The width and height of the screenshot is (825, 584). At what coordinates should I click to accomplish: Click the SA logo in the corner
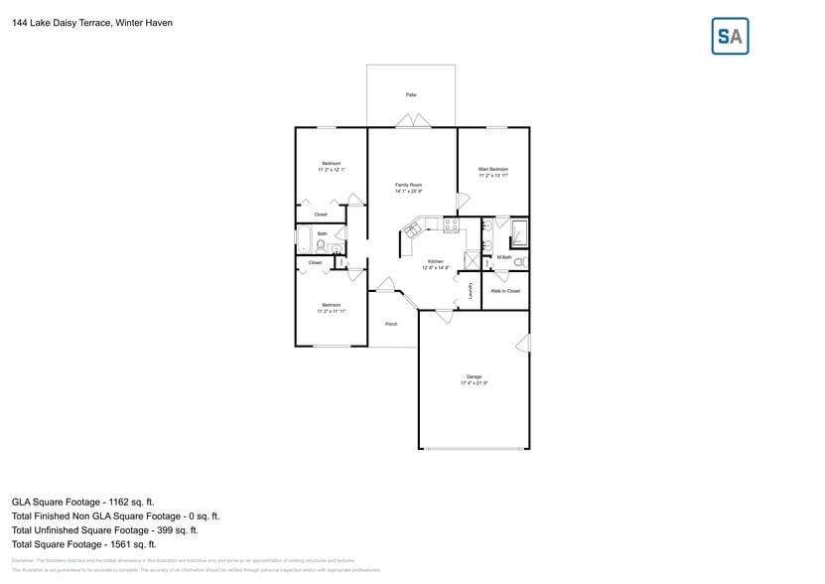click(x=731, y=36)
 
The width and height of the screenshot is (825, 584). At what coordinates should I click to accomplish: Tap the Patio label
click(x=411, y=95)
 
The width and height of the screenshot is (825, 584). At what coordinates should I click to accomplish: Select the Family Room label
click(x=409, y=185)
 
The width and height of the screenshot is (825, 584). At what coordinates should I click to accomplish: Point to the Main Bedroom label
click(x=493, y=169)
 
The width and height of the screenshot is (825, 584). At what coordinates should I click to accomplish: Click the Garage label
click(x=474, y=376)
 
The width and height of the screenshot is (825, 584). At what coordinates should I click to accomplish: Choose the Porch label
click(x=391, y=324)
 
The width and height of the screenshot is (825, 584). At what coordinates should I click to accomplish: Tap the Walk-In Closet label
click(x=505, y=291)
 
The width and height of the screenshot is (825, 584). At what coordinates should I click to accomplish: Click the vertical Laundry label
click(x=471, y=291)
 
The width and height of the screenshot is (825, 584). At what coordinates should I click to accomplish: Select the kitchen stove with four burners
click(x=451, y=226)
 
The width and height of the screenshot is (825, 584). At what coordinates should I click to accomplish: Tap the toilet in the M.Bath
click(x=519, y=262)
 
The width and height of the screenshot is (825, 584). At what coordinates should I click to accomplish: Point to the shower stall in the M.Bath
click(x=519, y=234)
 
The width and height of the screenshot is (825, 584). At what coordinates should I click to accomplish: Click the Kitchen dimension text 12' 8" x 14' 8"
click(x=436, y=268)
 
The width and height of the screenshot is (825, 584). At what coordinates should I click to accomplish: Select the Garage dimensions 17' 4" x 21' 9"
click(x=474, y=382)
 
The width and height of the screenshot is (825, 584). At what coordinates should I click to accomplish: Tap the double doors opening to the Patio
click(x=412, y=121)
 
